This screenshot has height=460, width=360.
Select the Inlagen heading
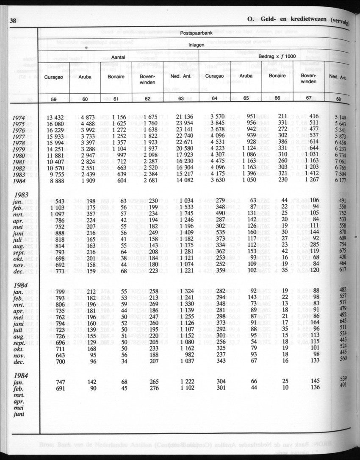[194, 44]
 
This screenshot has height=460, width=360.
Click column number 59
[53, 99]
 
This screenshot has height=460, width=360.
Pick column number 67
[309, 98]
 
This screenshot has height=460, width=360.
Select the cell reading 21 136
[185, 117]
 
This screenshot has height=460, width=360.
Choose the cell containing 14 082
[185, 180]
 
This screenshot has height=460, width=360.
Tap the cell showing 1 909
[87, 180]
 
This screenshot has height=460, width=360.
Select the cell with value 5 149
[341, 117]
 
